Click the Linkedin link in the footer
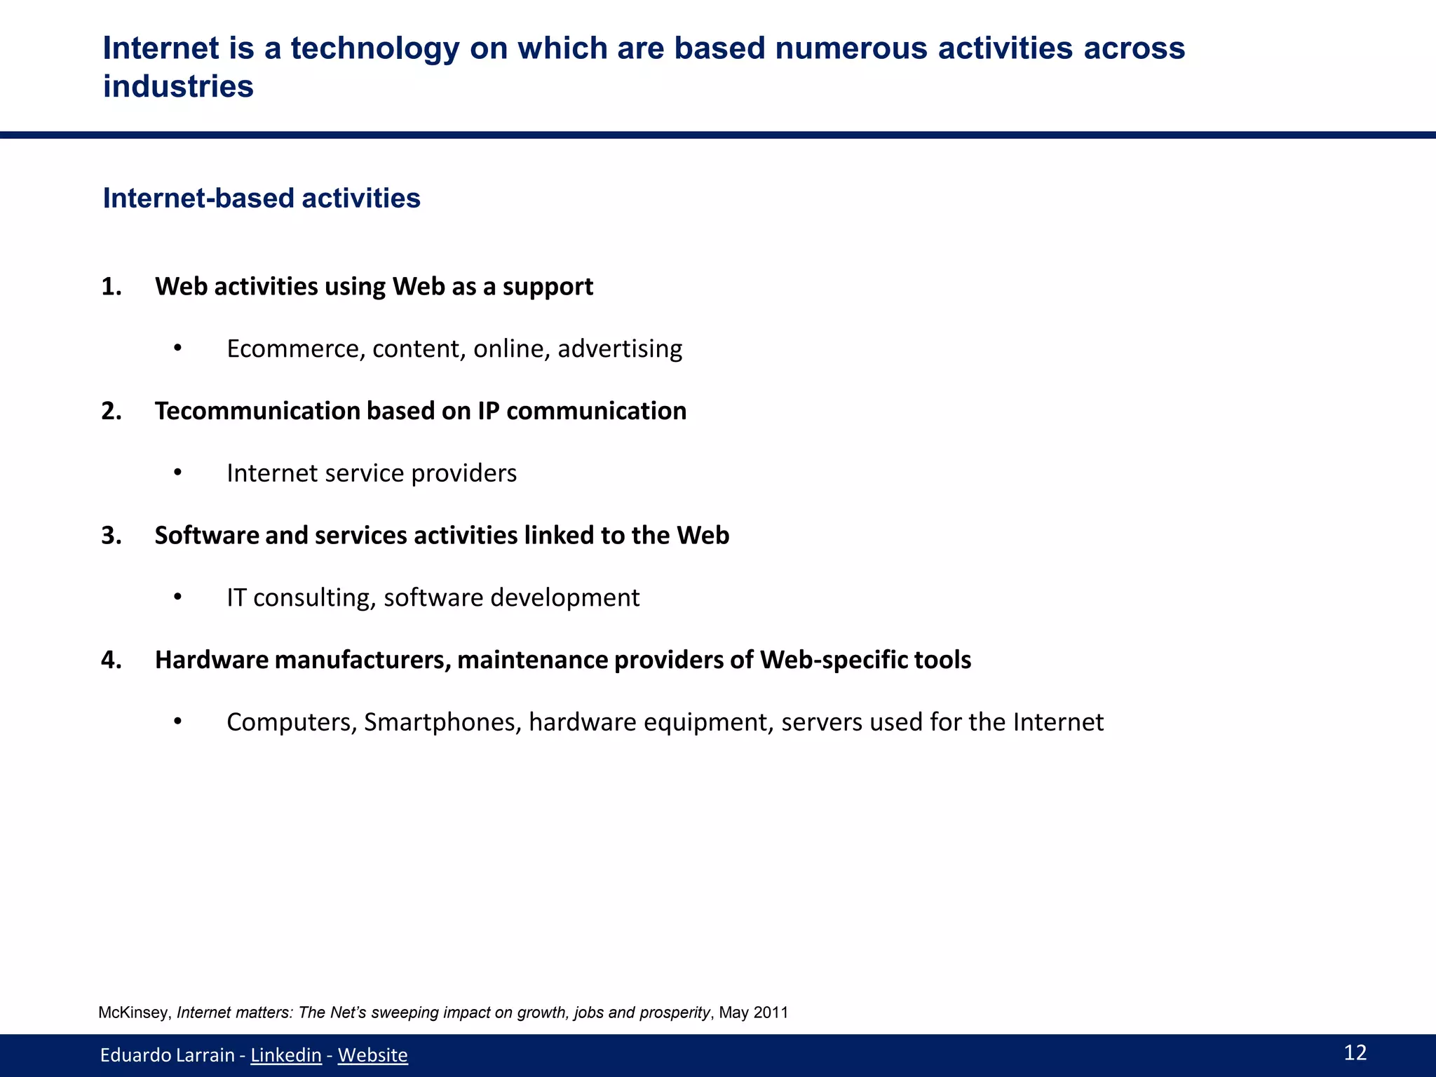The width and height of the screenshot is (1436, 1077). pyautogui.click(x=285, y=1055)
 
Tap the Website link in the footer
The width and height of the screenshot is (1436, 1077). pyautogui.click(x=372, y=1055)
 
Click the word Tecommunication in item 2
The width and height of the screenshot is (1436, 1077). pyautogui.click(x=257, y=411)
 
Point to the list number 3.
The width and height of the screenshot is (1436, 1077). pyautogui.click(x=111, y=535)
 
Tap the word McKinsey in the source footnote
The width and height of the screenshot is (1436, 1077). pyautogui.click(x=134, y=1012)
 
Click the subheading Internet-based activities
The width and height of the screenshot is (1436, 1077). pyautogui.click(x=262, y=198)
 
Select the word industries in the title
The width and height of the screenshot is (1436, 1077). pyautogui.click(x=178, y=87)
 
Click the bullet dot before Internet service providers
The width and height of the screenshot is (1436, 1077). pyautogui.click(x=178, y=473)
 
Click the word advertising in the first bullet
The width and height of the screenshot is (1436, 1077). pyautogui.click(x=620, y=348)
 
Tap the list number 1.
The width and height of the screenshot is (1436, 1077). pyautogui.click(x=111, y=287)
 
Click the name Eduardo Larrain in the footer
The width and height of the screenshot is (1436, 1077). pyautogui.click(x=167, y=1055)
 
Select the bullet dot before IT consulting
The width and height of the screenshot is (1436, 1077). pyautogui.click(x=178, y=597)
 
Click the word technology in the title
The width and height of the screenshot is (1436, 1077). pyautogui.click(x=374, y=48)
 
